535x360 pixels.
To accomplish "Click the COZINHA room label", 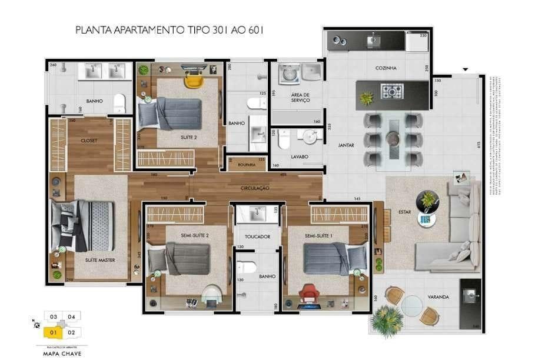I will [386, 68].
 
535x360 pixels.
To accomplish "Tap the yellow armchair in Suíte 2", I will [192, 78].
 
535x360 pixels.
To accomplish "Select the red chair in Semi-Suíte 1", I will [310, 292].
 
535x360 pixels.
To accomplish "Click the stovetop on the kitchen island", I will [392, 91].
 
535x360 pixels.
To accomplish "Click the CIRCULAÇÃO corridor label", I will [255, 188].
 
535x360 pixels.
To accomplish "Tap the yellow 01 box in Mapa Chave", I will [53, 332].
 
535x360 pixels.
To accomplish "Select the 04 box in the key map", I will [71, 317].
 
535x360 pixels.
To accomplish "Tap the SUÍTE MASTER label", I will [99, 259].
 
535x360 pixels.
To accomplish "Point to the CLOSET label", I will [89, 141].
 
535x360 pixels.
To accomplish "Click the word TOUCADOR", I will [257, 236].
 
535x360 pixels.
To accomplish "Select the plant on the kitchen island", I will [367, 98].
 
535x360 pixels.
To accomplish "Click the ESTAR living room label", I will [404, 211].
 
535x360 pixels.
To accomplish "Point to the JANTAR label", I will [346, 145].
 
